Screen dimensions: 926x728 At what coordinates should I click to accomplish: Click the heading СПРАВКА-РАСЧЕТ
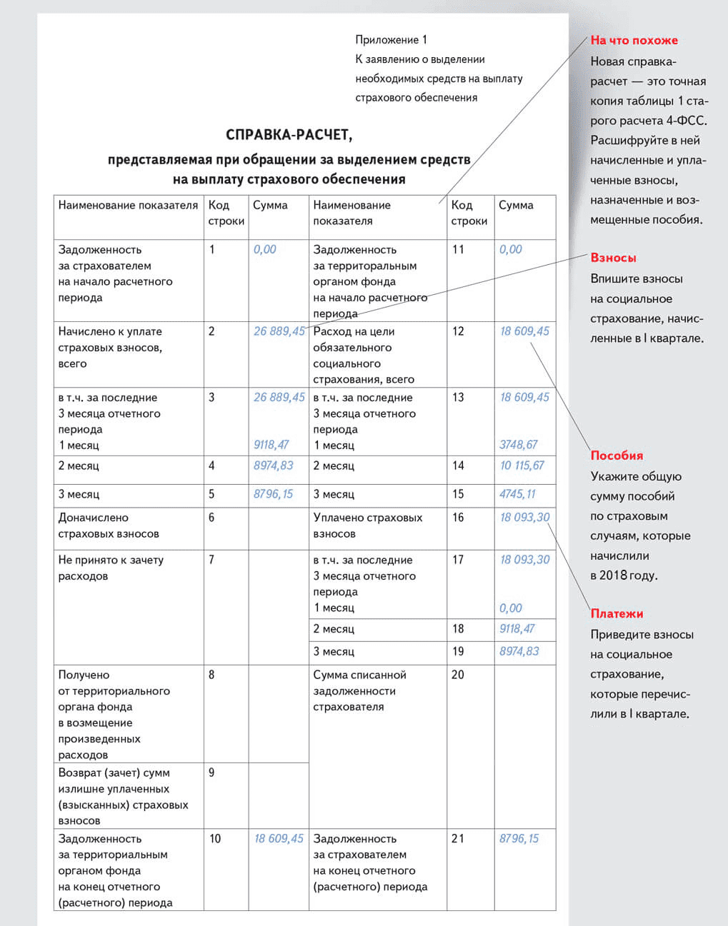tap(289, 135)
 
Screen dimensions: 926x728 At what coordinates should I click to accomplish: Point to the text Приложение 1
tap(391, 40)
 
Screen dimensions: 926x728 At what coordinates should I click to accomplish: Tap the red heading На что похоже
tap(634, 41)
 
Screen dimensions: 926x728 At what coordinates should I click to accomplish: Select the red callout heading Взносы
tap(613, 258)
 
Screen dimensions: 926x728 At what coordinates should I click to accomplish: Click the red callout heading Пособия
tap(617, 456)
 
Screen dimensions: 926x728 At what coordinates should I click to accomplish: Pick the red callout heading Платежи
tap(617, 614)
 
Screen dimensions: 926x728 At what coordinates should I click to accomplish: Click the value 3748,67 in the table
tap(518, 445)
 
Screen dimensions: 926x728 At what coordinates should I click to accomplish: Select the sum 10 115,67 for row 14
tap(522, 465)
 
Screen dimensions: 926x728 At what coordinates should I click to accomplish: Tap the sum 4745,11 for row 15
tap(517, 494)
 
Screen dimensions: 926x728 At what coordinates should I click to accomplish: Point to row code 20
tap(457, 675)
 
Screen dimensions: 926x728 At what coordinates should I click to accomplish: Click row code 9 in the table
tap(211, 772)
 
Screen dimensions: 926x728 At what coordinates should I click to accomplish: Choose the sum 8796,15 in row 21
tap(519, 839)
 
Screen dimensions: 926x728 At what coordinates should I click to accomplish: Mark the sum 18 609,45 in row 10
tap(279, 839)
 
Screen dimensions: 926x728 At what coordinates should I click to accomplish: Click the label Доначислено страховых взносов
tap(109, 525)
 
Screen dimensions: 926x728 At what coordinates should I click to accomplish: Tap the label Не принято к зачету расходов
tap(111, 568)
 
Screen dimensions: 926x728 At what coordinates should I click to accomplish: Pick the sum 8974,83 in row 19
tap(519, 651)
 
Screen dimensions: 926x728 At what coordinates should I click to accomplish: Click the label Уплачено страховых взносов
tap(367, 525)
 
